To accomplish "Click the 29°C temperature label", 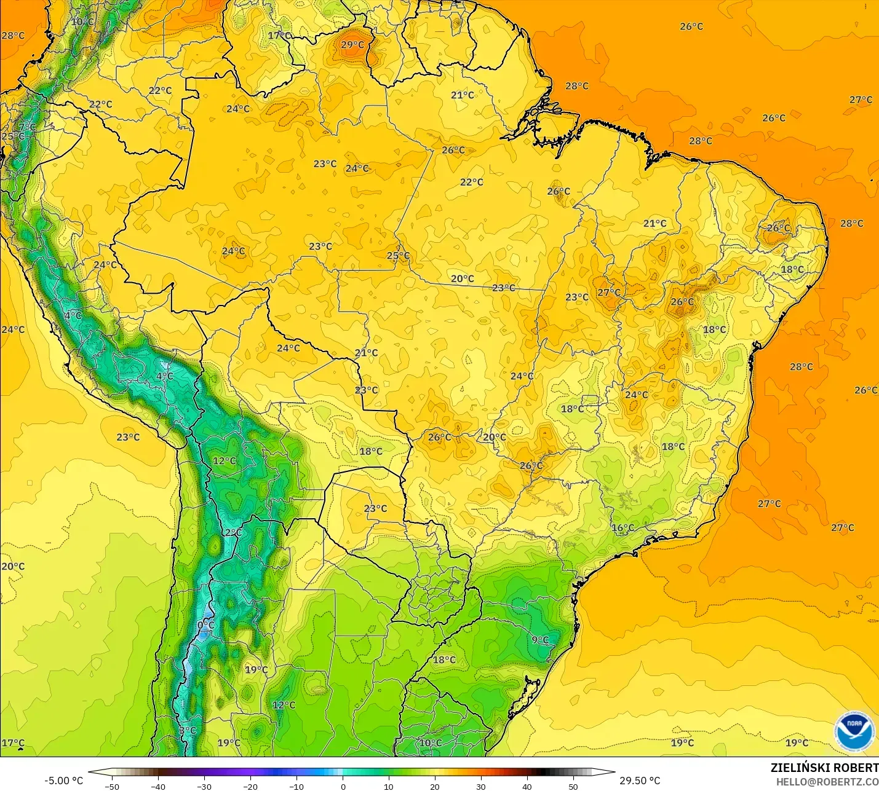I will (x=352, y=45).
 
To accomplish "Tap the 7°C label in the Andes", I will (x=27, y=127).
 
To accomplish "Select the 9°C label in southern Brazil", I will (x=540, y=640).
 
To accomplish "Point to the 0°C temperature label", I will (x=205, y=625).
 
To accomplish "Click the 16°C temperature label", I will (x=622, y=528).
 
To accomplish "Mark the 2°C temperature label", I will (x=233, y=532).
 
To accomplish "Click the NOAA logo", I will (x=854, y=731).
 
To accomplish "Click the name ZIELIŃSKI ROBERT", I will (x=824, y=768).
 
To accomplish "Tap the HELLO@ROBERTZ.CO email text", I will (x=827, y=782).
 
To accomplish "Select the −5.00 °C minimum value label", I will (x=63, y=781).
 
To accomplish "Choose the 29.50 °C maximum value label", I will (x=640, y=781).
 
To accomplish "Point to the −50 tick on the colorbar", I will (x=112, y=786).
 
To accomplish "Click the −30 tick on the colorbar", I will (x=204, y=786).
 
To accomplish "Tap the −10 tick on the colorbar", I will (x=296, y=786).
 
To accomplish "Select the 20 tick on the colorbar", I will (x=435, y=786).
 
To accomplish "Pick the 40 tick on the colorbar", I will (x=527, y=786).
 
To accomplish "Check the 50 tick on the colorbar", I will (x=573, y=786).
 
